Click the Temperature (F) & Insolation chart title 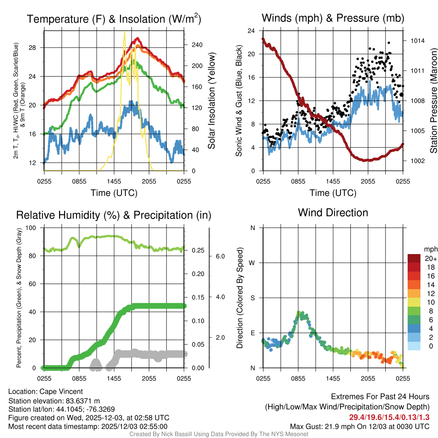(x=114, y=19)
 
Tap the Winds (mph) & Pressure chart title (x=333, y=18)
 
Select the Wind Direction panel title (x=333, y=213)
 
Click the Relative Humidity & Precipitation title (x=113, y=215)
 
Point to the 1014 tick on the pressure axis (x=417, y=41)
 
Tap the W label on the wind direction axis (x=252, y=263)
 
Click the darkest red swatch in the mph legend (x=414, y=258)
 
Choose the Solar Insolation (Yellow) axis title (x=211, y=101)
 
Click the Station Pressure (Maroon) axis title (x=433, y=101)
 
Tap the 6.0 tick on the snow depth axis (x=219, y=256)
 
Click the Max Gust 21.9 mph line (x=359, y=426)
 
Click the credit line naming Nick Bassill (x=219, y=434)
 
